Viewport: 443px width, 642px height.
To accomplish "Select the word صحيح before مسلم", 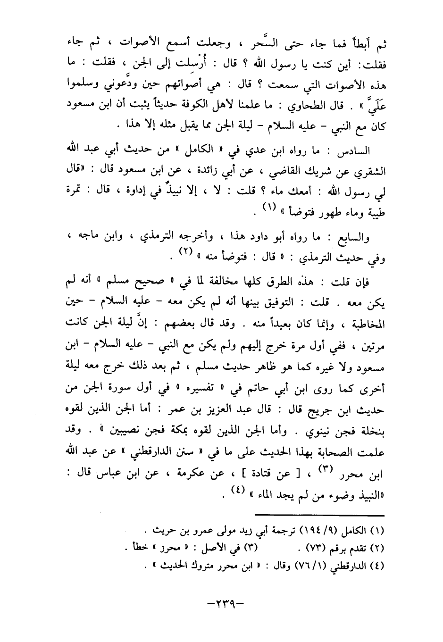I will coord(132,283).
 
